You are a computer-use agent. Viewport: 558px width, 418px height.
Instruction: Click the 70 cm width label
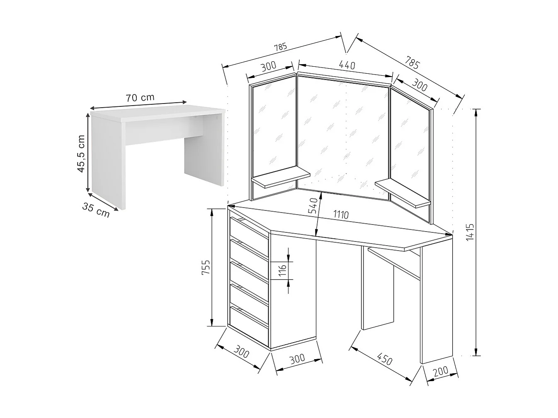click(140, 97)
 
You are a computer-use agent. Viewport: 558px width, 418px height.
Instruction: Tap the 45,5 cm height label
click(81, 154)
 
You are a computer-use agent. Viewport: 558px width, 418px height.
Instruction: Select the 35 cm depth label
click(96, 210)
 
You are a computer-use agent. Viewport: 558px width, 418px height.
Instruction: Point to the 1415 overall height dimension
click(470, 232)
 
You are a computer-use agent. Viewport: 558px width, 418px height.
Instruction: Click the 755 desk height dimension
click(206, 267)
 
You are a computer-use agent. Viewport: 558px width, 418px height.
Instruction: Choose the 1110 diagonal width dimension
click(341, 215)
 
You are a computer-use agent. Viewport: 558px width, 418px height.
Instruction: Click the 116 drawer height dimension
click(283, 271)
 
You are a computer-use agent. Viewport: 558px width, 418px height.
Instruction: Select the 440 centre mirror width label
click(347, 65)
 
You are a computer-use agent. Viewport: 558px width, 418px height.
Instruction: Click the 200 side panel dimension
click(441, 371)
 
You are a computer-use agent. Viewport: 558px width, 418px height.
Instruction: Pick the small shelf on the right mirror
click(403, 193)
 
